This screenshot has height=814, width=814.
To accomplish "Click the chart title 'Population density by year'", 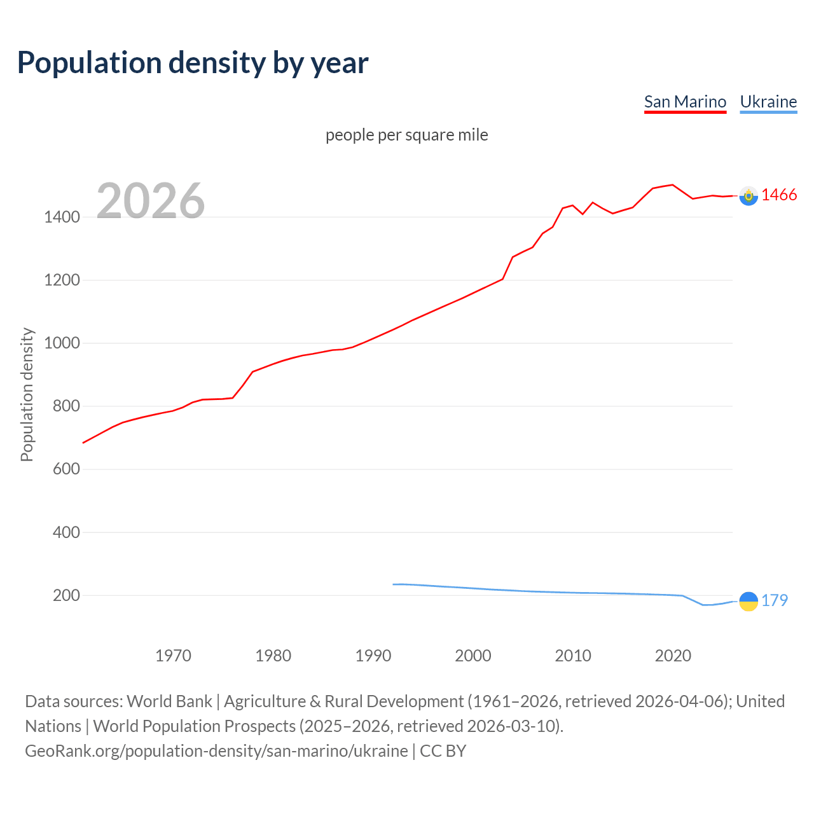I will pos(193,62).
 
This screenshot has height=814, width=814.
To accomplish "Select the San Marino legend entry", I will pos(685,102).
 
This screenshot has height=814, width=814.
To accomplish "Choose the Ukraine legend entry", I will pos(768,102).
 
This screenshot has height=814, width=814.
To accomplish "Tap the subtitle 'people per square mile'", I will pos(406,135).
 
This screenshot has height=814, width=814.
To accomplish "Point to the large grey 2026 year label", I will pos(151,201).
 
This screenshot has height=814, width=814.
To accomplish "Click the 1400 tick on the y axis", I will pos(62,217).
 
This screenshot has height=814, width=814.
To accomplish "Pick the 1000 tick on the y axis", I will pos(62,343).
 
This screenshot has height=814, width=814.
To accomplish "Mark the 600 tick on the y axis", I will pos(66,469).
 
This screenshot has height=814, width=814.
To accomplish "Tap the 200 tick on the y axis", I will pos(66,595).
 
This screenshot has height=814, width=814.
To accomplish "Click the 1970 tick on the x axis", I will pos(173,655).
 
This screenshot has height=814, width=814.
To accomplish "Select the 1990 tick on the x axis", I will pos(373,655).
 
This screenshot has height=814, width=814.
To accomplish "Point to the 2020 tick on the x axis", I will pos(673,655).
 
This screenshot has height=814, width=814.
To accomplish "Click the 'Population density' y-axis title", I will pos(27,394).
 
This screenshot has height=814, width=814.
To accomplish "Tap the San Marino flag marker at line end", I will pos(748,196).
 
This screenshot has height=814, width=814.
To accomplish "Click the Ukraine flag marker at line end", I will pos(748,601).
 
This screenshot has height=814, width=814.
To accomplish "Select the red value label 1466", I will pos(779,195).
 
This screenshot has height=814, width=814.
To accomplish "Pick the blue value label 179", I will pos(775,600).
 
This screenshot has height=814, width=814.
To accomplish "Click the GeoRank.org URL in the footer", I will pos(216,750).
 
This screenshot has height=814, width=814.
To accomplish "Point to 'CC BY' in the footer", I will pos(443,750).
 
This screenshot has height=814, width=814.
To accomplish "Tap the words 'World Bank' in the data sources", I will pos(169,701).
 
